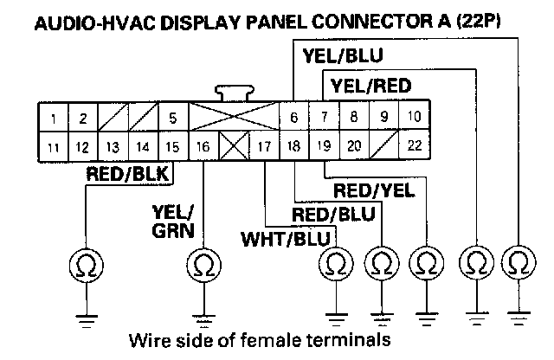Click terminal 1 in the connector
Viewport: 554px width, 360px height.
(x=54, y=117)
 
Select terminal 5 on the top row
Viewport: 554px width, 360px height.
(x=173, y=117)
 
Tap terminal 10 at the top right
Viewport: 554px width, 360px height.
(x=414, y=117)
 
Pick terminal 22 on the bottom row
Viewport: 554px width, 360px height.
(x=414, y=145)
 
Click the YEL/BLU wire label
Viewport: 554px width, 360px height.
(x=344, y=58)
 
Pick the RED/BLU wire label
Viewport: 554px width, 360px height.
(x=333, y=213)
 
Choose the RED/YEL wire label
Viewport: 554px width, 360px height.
(x=375, y=190)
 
